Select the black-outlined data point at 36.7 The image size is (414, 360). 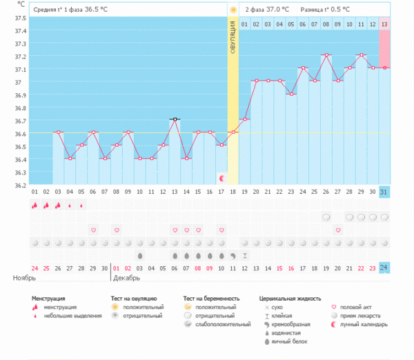click(x=175, y=119)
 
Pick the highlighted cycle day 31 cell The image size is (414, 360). click(x=384, y=191)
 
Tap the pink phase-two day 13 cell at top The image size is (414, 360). click(x=384, y=24)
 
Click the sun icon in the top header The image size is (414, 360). click(x=233, y=10)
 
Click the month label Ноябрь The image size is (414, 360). click(x=23, y=278)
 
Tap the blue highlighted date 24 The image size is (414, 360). click(x=384, y=268)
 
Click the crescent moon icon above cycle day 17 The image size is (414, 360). click(x=221, y=178)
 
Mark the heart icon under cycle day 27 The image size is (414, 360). click(x=337, y=230)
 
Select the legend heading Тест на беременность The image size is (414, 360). click(x=215, y=299)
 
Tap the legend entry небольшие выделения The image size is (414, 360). click(x=67, y=315)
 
